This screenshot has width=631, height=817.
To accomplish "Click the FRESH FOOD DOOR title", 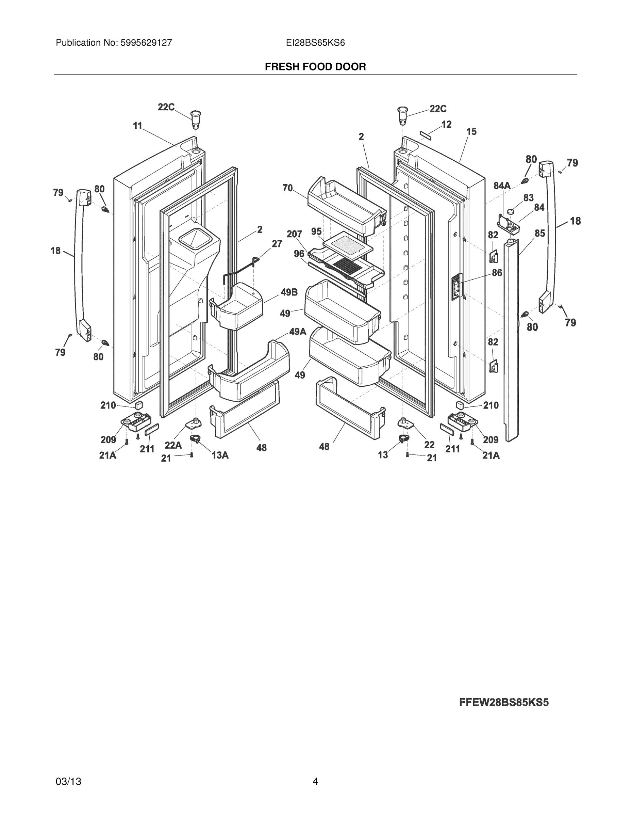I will pos(315,67).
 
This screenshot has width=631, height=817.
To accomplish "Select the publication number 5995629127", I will pos(146,43).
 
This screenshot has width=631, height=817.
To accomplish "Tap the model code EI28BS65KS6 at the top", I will pos(315,43).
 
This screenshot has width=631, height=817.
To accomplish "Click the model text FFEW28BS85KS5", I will pos(503,703).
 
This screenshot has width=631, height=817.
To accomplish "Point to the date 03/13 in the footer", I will pos(68,782).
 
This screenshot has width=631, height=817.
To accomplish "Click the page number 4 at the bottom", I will pos(315,782).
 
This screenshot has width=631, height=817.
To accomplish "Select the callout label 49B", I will pos(289,292).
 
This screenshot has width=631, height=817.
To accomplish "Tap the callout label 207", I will pos(294,234).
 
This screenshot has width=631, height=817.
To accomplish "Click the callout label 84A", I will pos(502,186).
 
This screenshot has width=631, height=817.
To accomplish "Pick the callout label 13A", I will pos(220,455).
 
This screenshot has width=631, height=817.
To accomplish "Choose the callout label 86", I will pos(497,273).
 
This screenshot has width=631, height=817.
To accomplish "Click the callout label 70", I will pos(287,188).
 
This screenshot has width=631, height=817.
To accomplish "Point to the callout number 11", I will pos(137,126).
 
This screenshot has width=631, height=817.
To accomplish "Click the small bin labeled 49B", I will pos(237,307).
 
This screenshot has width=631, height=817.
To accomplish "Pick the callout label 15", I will pos(471,131).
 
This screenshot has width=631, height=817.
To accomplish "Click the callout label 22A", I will pos(173,445).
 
